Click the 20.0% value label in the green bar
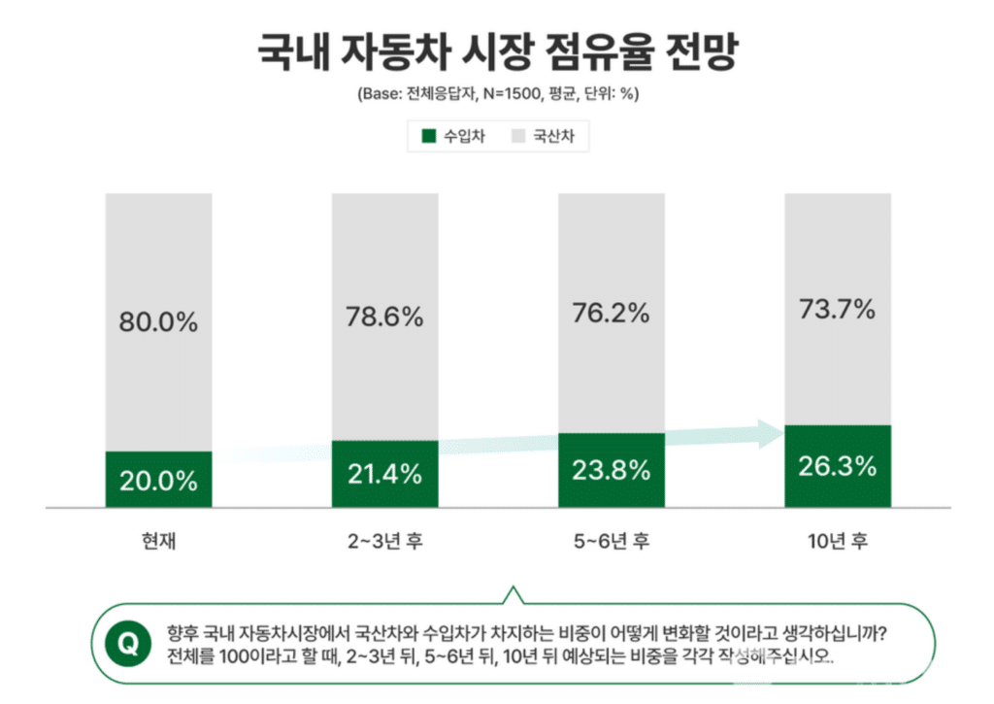tap(158, 480)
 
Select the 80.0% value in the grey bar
tap(158, 322)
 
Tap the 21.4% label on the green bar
tap(383, 474)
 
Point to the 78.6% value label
tap(383, 317)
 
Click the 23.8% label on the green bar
tap(611, 471)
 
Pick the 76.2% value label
tap(611, 313)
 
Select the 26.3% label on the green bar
tap(837, 465)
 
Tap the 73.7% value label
tap(837, 309)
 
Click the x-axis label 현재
tap(158, 541)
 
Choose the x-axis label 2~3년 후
tap(383, 541)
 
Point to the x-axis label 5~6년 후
tap(611, 541)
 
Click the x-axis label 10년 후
tap(837, 541)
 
